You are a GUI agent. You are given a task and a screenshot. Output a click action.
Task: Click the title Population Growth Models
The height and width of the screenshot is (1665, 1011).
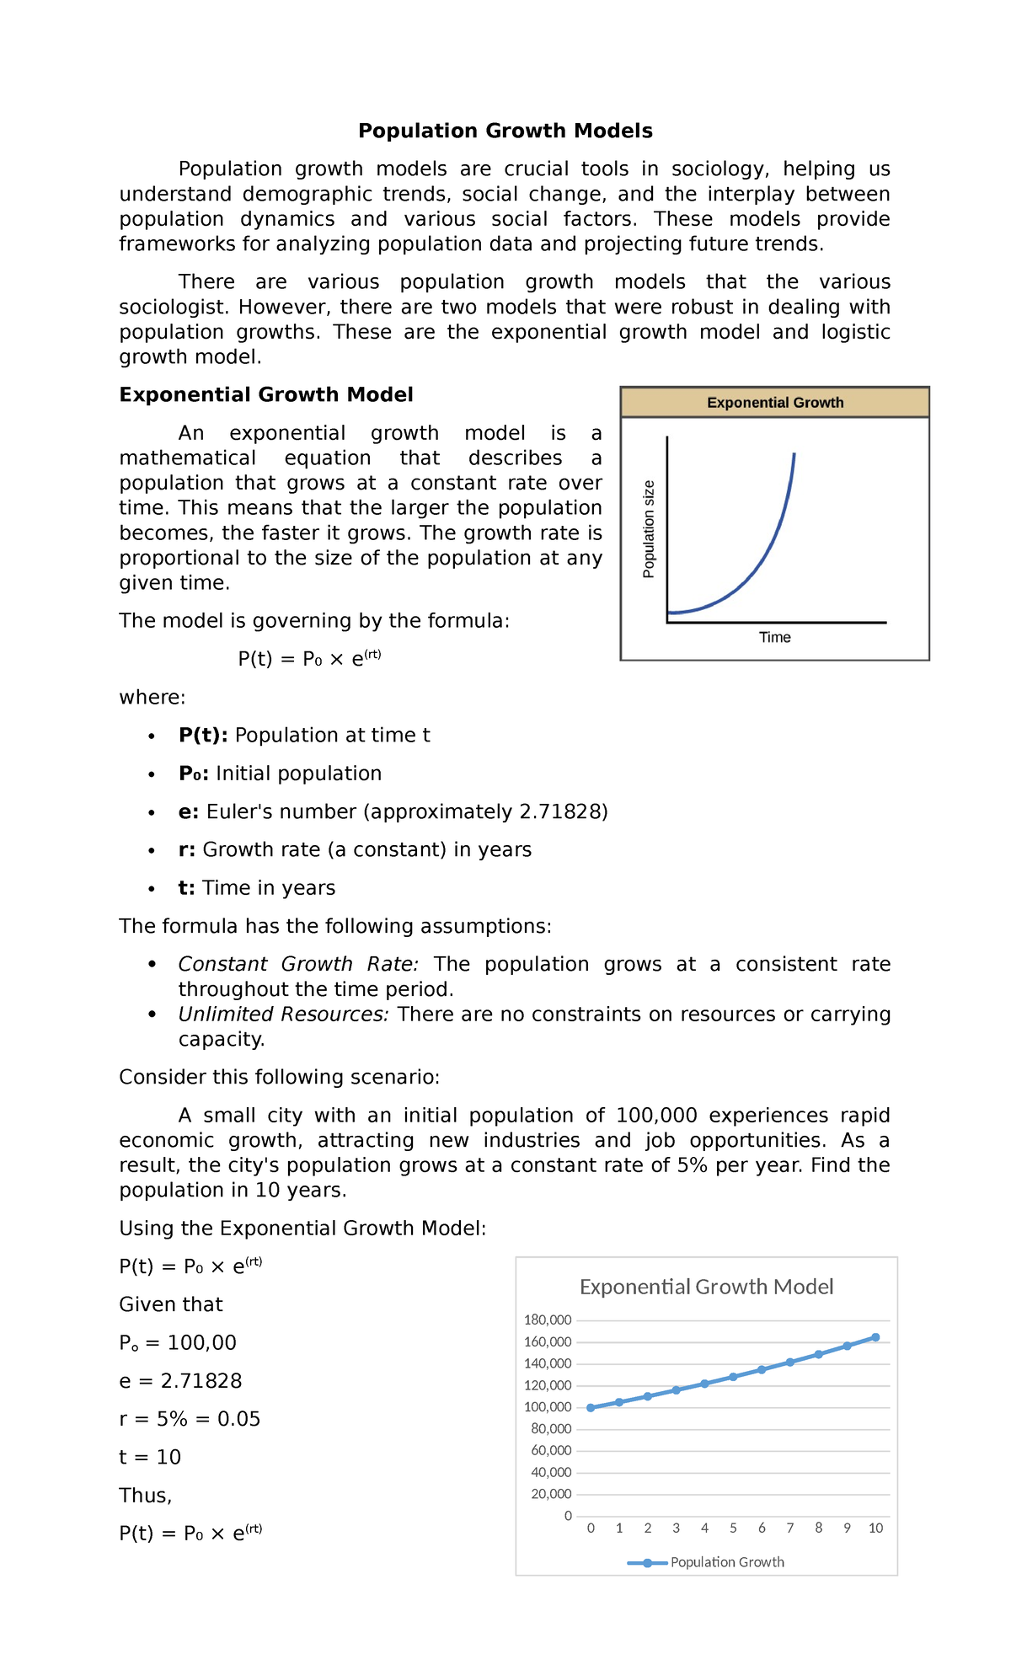[505, 131]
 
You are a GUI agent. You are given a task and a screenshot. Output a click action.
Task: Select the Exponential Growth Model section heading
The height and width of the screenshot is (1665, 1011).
[265, 394]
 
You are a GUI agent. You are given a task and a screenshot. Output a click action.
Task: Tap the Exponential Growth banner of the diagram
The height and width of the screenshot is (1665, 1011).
[774, 403]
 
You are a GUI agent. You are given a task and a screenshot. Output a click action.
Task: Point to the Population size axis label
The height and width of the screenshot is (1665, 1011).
[649, 528]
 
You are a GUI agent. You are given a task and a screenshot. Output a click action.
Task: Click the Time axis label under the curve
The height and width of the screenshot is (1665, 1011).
[774, 637]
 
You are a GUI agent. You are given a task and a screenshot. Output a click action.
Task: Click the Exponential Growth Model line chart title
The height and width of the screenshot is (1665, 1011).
[706, 1287]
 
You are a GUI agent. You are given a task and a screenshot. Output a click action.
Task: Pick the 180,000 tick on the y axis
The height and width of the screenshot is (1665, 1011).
[548, 1320]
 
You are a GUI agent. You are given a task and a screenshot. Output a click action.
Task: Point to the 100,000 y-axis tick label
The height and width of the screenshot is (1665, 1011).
[548, 1406]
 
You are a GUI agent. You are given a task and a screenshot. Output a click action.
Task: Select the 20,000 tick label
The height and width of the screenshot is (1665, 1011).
[551, 1494]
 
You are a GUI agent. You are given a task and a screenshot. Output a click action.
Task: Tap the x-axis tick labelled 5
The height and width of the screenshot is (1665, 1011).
[733, 1528]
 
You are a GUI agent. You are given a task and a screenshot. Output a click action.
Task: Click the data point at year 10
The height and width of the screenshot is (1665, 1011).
[875, 1337]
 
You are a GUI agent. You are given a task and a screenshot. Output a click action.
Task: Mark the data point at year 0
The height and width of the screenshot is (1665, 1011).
[591, 1408]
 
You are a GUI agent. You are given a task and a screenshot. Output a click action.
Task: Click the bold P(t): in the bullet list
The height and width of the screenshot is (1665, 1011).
[203, 735]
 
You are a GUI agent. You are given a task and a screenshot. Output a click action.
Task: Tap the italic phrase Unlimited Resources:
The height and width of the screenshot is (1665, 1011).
[283, 1014]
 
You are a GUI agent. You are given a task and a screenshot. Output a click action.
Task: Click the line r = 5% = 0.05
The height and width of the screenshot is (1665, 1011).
[190, 1419]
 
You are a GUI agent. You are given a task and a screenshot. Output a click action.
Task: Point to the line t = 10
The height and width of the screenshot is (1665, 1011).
[150, 1457]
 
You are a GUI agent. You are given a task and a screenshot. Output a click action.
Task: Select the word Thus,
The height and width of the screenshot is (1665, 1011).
[146, 1495]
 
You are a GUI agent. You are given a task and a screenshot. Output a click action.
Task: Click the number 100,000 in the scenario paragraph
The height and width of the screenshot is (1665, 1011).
[656, 1115]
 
